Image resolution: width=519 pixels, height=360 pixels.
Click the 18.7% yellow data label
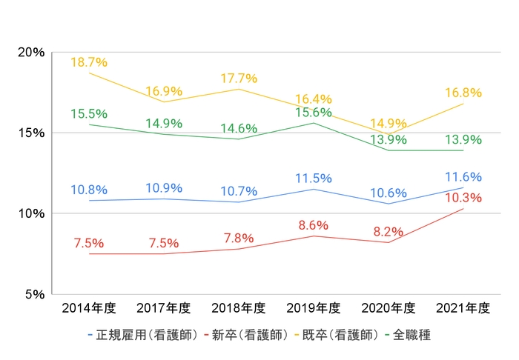(89, 62)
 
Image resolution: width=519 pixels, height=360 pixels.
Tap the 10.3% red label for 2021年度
(463, 198)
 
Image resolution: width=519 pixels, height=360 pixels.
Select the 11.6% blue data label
(463, 177)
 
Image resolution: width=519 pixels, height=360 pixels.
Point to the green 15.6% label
(314, 113)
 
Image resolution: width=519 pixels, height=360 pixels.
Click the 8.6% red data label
(314, 225)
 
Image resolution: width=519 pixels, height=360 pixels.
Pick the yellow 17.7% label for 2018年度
(239, 79)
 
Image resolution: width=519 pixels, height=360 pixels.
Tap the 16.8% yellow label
(463, 93)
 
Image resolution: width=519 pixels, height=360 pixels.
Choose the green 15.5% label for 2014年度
(89, 114)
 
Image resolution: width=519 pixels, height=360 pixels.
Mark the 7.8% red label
(239, 239)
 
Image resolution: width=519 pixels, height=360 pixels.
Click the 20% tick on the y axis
(32, 53)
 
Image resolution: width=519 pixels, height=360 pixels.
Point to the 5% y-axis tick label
(35, 294)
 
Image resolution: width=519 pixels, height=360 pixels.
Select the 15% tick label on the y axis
(32, 133)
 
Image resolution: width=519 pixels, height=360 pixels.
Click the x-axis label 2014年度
(89, 308)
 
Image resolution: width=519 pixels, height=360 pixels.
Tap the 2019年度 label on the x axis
(314, 308)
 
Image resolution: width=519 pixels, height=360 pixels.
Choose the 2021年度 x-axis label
(463, 308)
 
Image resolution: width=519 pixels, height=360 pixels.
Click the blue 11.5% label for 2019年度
(314, 179)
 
